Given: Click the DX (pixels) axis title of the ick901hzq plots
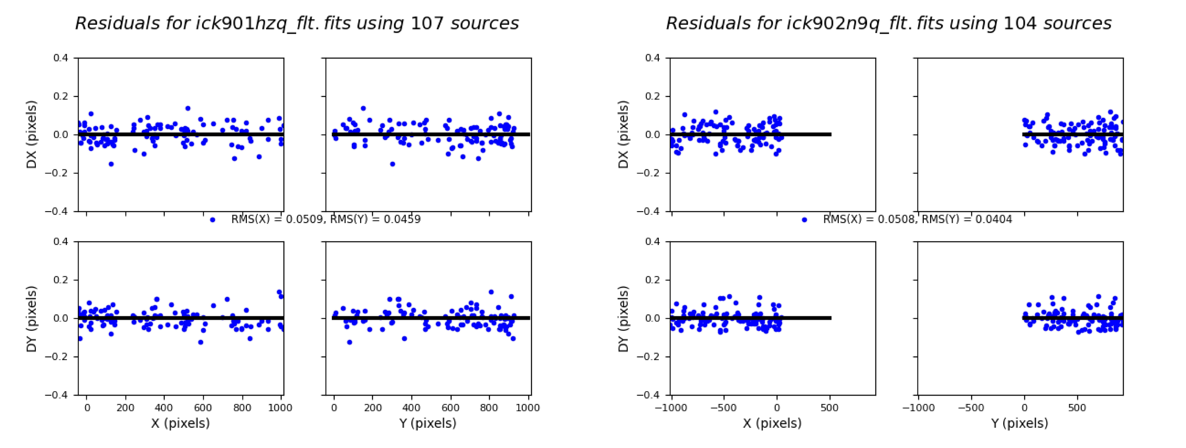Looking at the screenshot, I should tap(31, 134).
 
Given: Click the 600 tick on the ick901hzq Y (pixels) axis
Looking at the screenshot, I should tap(450, 408).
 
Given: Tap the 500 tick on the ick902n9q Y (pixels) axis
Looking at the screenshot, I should tap(1077, 408).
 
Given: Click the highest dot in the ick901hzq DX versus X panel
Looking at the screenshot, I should tap(188, 109).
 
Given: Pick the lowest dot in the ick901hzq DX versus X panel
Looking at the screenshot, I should tap(111, 164).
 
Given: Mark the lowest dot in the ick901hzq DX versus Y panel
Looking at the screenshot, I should tap(392, 164).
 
